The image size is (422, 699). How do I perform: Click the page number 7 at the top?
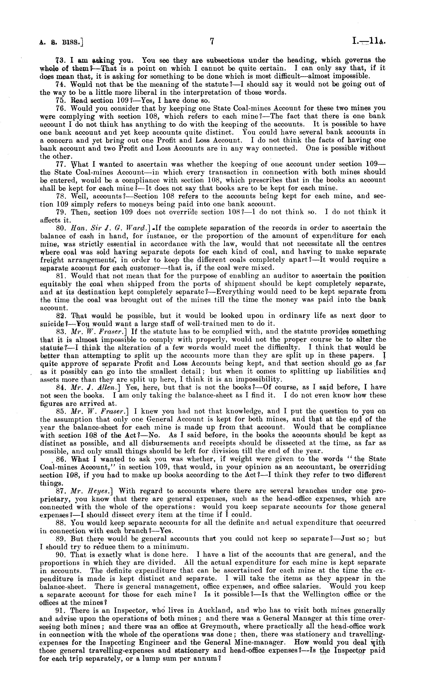pos(211,42)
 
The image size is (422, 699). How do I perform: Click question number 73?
pos(60,60)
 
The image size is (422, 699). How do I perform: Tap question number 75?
pos(60,101)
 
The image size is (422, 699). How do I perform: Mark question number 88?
pos(60,523)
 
